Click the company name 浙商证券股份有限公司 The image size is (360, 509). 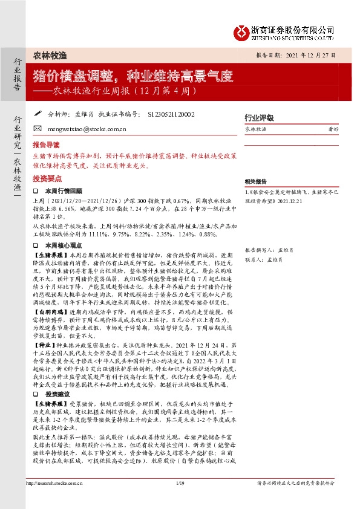[x=293, y=28]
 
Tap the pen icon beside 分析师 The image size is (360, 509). [x=37, y=112]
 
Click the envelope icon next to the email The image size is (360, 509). [x=37, y=129]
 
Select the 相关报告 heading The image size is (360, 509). [x=255, y=181]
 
